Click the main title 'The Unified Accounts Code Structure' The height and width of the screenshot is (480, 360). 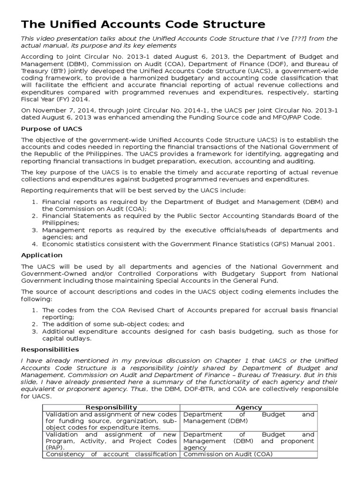[x=143, y=24]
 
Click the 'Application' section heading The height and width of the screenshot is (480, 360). [x=42, y=255]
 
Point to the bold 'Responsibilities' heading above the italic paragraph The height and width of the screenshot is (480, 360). [x=50, y=350]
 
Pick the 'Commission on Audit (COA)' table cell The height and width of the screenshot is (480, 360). [x=228, y=454]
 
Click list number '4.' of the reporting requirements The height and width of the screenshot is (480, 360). [x=34, y=244]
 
